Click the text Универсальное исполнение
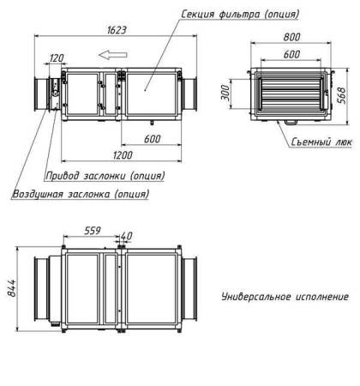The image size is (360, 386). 285,297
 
